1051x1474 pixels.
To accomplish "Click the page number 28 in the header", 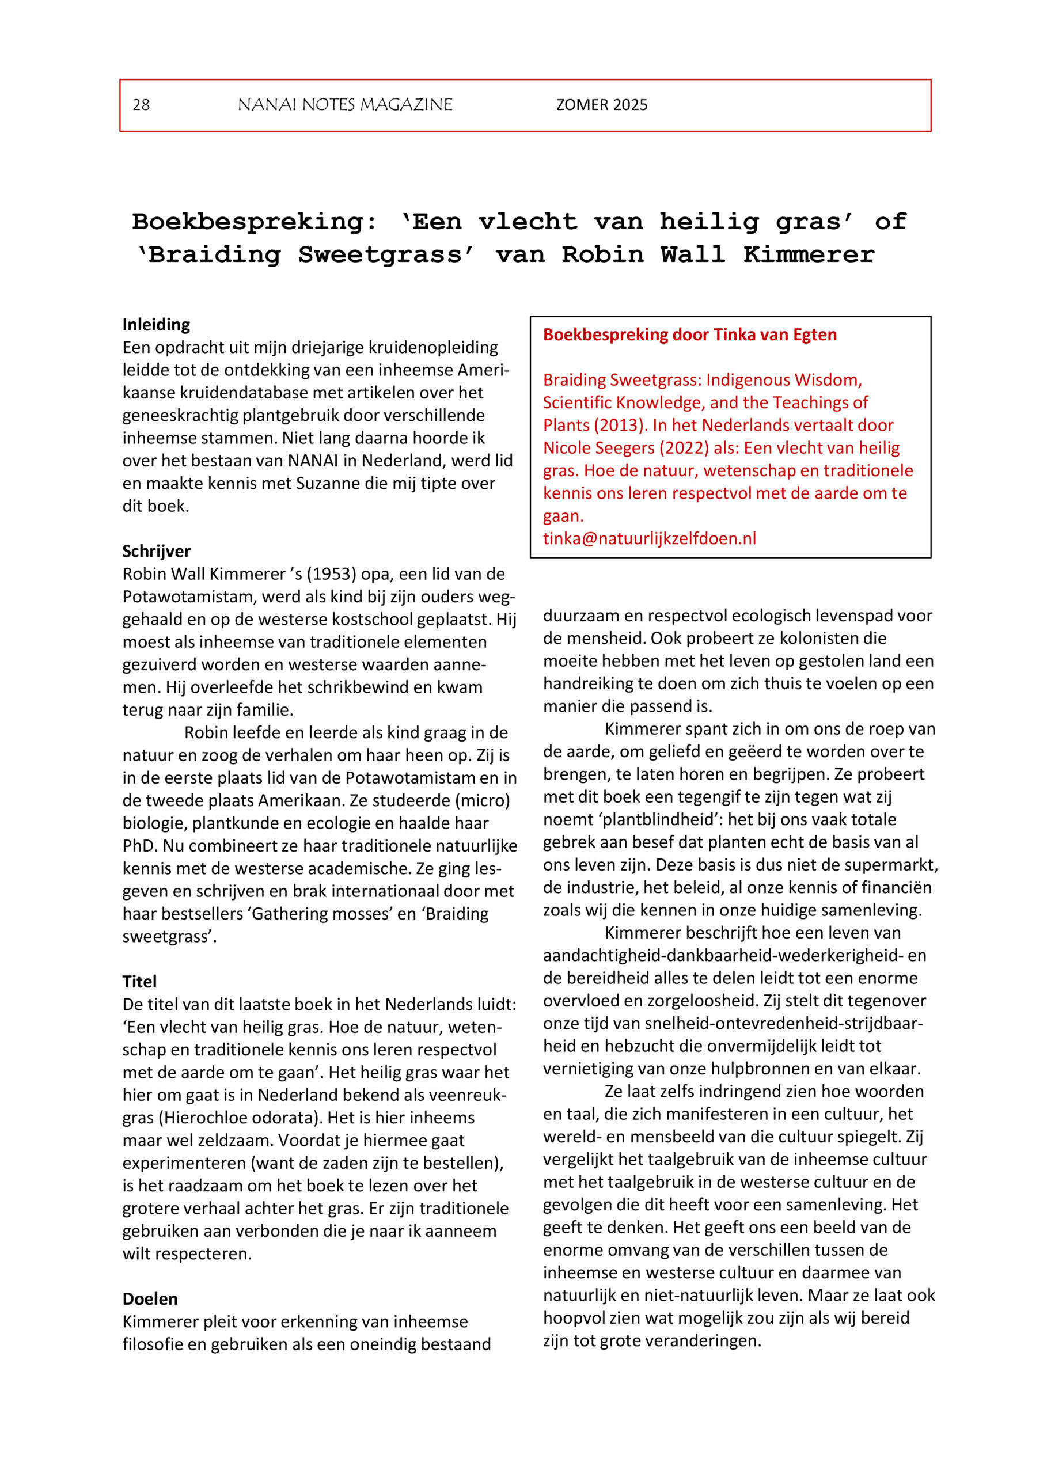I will click(141, 105).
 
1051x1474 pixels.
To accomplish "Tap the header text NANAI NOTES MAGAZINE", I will click(345, 105).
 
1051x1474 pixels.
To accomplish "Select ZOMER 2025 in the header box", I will click(601, 105).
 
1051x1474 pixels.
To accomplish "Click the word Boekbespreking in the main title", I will click(254, 222).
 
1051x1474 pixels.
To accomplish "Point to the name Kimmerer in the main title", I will click(809, 255).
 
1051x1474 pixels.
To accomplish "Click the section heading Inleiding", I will click(156, 325).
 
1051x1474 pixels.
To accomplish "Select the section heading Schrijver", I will click(156, 551).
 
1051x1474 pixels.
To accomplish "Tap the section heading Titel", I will click(140, 982).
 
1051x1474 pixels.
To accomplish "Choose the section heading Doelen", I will click(150, 1298).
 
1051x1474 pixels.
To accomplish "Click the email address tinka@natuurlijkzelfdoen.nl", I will click(649, 538).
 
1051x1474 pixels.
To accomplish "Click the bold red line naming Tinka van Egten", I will click(689, 335).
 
